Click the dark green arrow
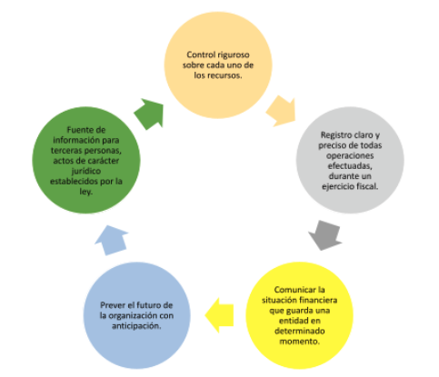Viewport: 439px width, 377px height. (150, 114)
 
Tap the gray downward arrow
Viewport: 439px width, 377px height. (325, 235)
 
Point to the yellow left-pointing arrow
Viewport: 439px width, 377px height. (219, 315)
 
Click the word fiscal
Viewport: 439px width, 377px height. (367, 186)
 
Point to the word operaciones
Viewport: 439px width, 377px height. (350, 156)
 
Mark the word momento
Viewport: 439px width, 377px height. (299, 342)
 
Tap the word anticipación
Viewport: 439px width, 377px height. (136, 326)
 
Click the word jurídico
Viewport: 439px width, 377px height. (86, 172)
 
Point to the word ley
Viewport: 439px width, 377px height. (86, 192)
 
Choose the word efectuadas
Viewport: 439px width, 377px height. (350, 166)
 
